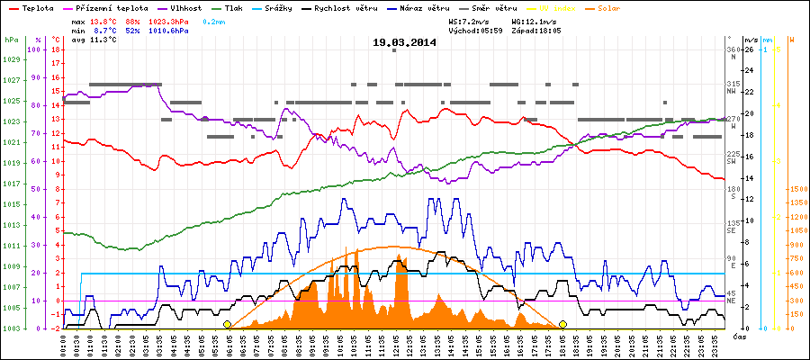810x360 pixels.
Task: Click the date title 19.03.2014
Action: click(x=404, y=41)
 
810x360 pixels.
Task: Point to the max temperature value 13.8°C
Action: click(x=106, y=20)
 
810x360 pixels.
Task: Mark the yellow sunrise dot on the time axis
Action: click(x=227, y=324)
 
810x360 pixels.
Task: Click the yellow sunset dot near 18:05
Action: click(x=562, y=324)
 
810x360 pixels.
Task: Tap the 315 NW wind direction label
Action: click(x=733, y=87)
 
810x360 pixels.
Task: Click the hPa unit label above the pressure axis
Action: click(x=10, y=40)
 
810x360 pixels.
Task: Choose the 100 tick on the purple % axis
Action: click(x=35, y=49)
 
